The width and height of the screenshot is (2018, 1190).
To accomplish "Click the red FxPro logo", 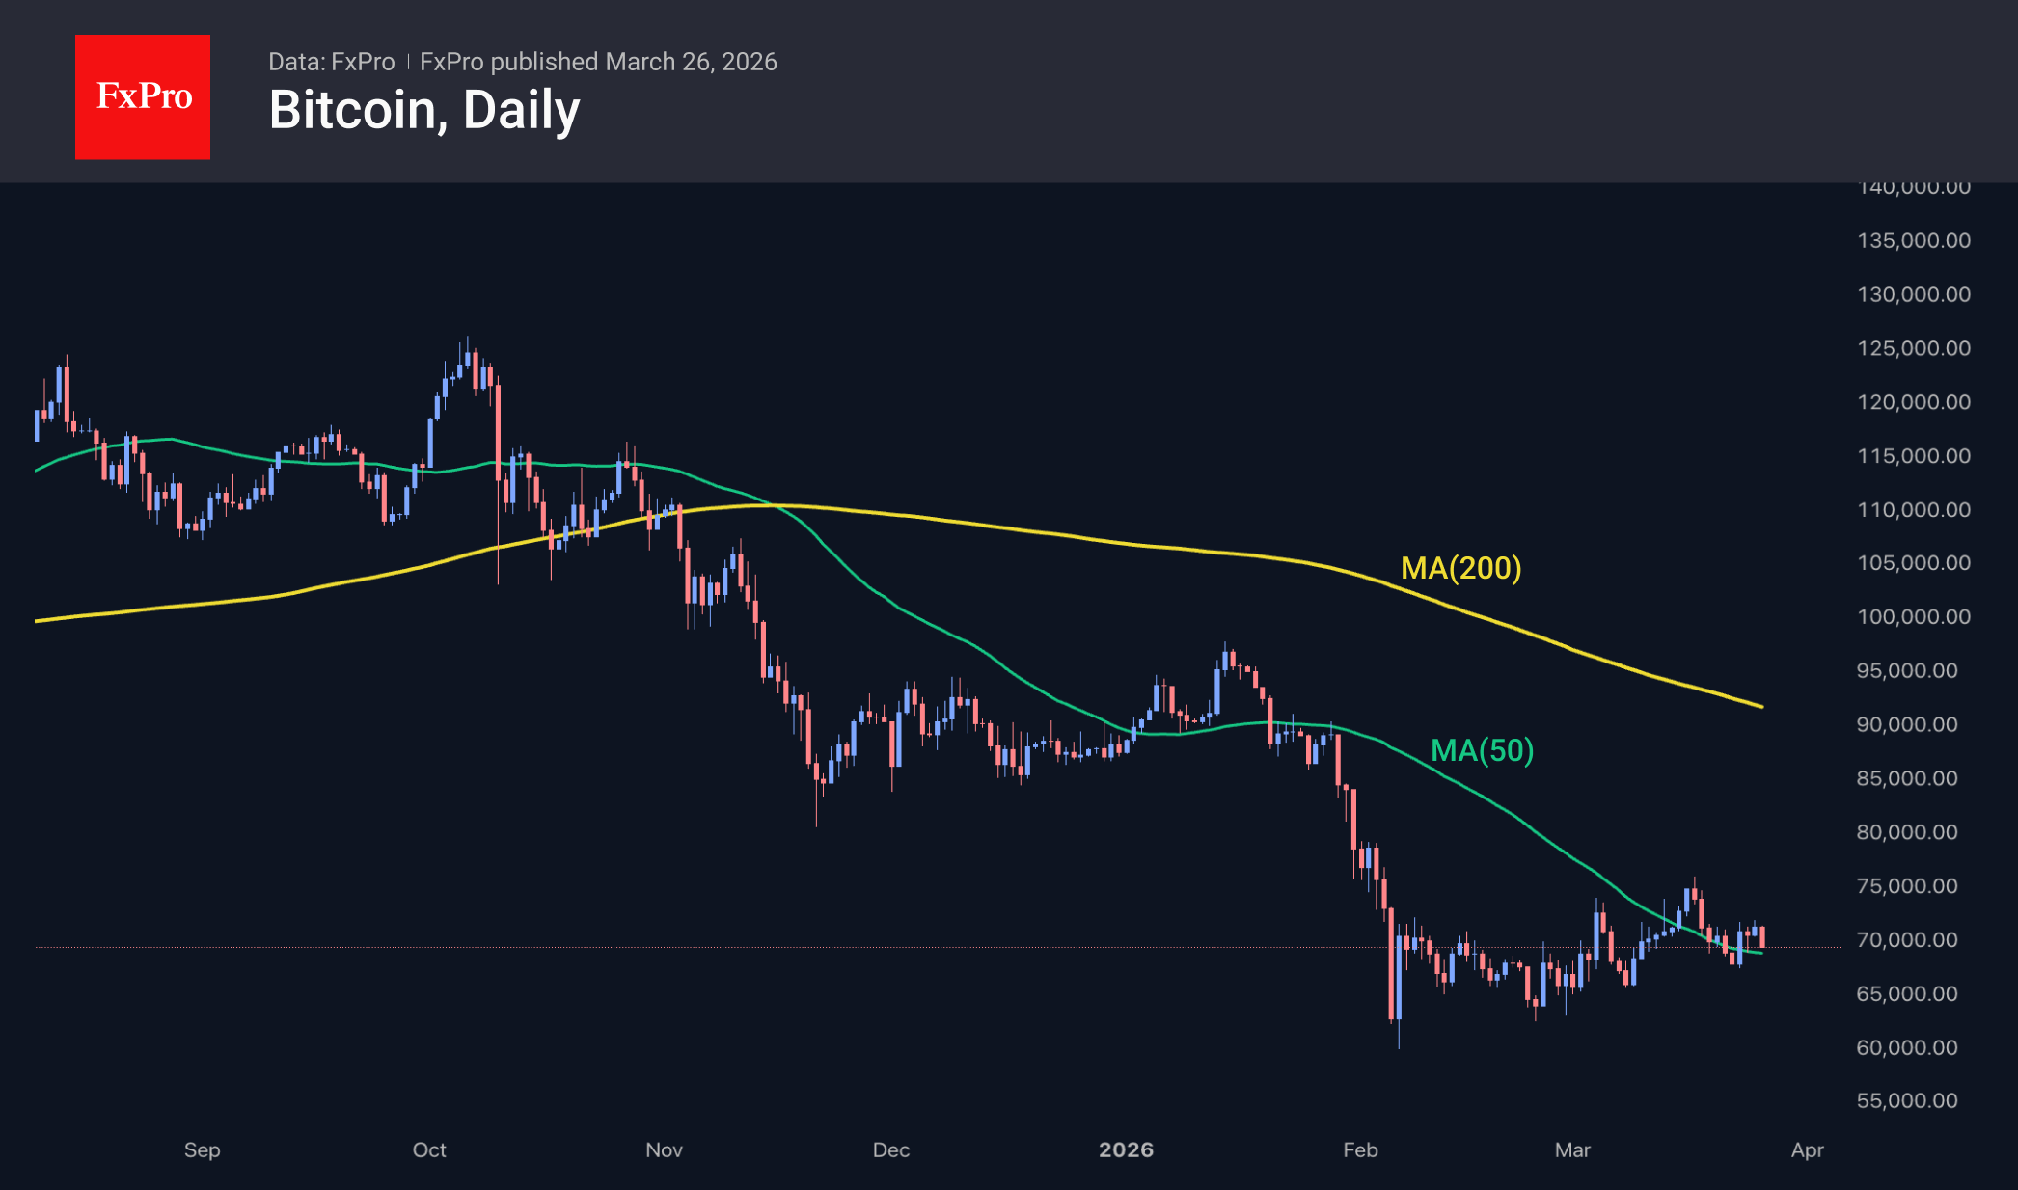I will [x=143, y=96].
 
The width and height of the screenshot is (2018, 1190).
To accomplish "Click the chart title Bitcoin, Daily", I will [x=423, y=110].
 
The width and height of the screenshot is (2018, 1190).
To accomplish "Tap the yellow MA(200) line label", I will [x=1460, y=568].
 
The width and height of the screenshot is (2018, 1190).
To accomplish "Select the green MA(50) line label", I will [x=1482, y=750].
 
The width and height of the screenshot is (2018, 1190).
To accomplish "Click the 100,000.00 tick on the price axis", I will [x=1913, y=616].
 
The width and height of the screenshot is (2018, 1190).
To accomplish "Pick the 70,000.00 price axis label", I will [x=1907, y=939].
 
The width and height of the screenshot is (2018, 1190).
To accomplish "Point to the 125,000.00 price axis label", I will [x=1913, y=348].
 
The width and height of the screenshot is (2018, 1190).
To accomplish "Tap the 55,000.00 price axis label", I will [x=1907, y=1100].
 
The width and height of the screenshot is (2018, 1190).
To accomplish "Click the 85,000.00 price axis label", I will [x=1907, y=778].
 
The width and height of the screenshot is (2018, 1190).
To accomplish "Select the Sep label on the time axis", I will [x=203, y=1149].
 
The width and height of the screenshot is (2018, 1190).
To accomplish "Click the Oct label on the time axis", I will [x=429, y=1149].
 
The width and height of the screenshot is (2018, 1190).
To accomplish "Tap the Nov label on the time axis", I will [x=664, y=1149].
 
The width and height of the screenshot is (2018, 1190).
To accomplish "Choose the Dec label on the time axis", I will [x=891, y=1149].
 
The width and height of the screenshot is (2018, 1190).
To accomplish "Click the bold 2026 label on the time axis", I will [x=1126, y=1149].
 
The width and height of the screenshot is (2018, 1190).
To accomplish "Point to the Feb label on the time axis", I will [x=1360, y=1149].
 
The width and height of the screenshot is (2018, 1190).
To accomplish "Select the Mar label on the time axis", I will [x=1572, y=1149].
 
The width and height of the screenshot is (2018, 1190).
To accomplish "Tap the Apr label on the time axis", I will [x=1807, y=1149].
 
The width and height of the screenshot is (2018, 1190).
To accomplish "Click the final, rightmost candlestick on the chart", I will [x=1762, y=936].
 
